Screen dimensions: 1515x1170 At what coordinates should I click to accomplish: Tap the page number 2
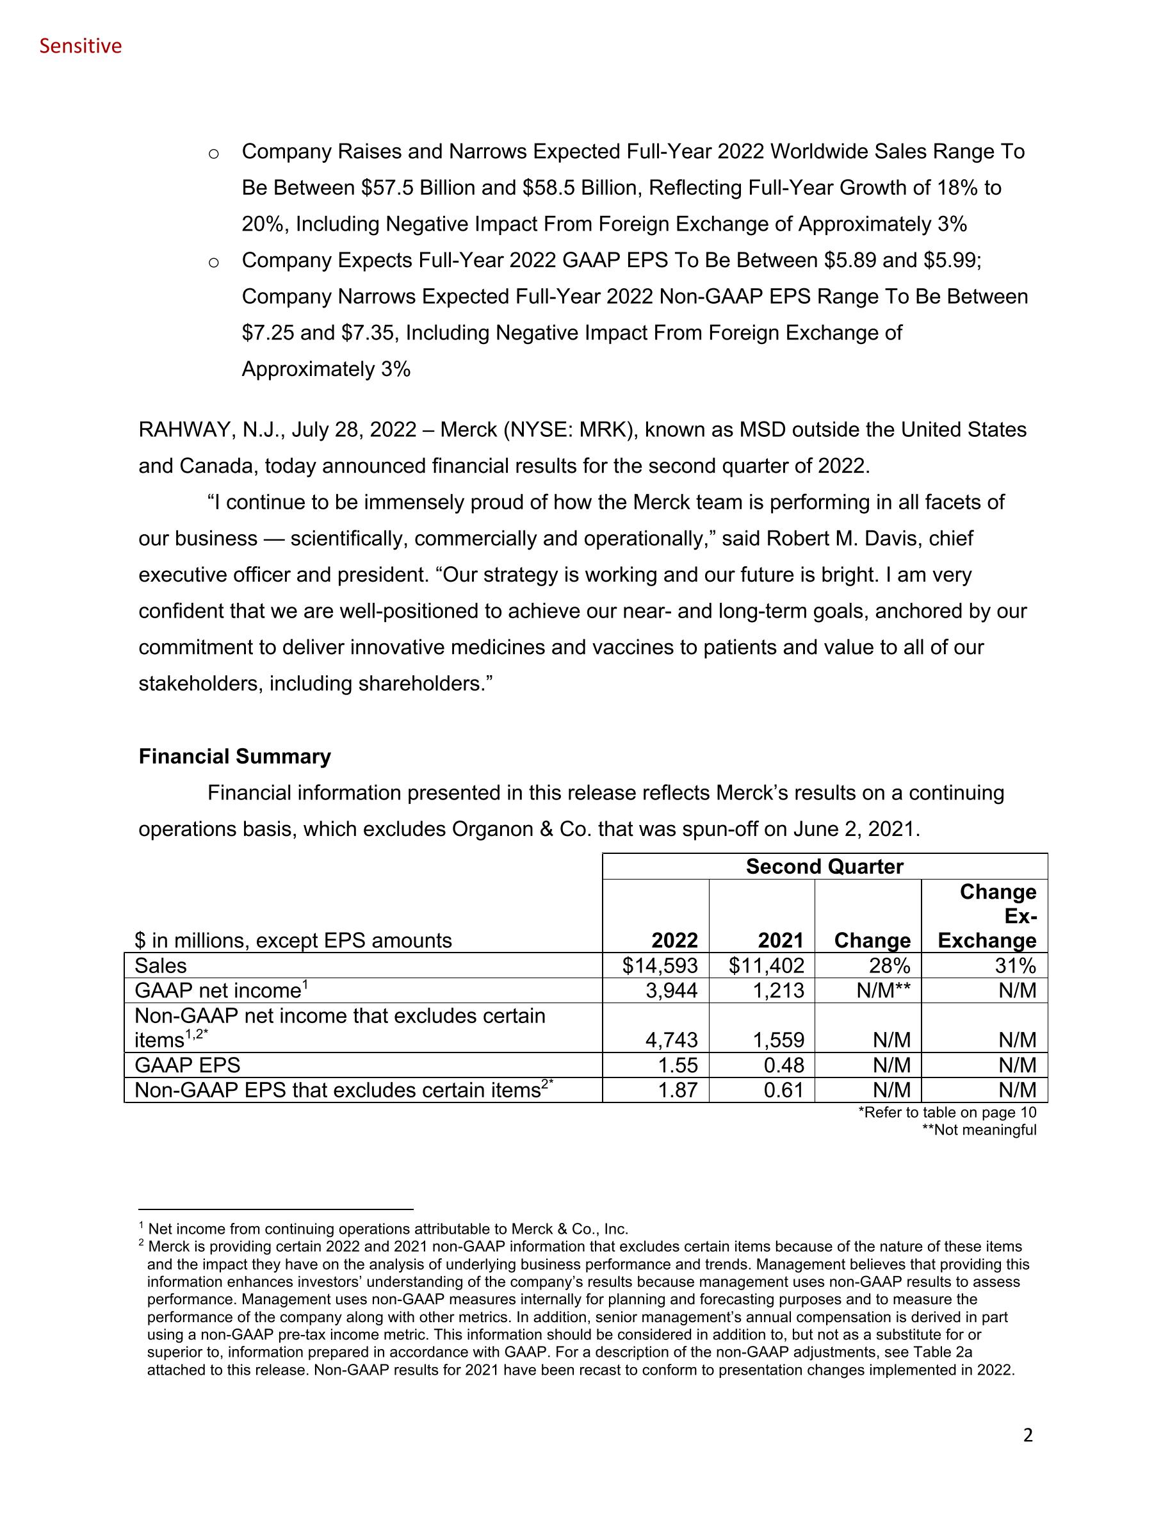coord(1027,1434)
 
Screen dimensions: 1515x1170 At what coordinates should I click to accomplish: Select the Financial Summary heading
coord(234,756)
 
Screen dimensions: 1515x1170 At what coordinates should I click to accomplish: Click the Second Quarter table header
coord(824,867)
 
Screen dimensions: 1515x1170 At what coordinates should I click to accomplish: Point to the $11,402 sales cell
coord(767,965)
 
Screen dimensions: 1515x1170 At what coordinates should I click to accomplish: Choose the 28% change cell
coord(889,965)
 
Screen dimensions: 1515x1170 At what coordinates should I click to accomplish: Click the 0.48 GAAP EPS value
coord(783,1065)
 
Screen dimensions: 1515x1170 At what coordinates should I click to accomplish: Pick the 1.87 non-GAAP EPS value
coord(678,1090)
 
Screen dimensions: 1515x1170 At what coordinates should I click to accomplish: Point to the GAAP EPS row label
coord(187,1065)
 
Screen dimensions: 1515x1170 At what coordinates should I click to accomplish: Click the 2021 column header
coord(780,940)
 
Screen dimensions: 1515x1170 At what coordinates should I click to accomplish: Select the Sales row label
coord(160,965)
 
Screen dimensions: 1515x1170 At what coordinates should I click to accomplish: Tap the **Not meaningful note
coord(979,1130)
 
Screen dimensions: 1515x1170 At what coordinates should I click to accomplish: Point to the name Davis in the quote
coord(888,538)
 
